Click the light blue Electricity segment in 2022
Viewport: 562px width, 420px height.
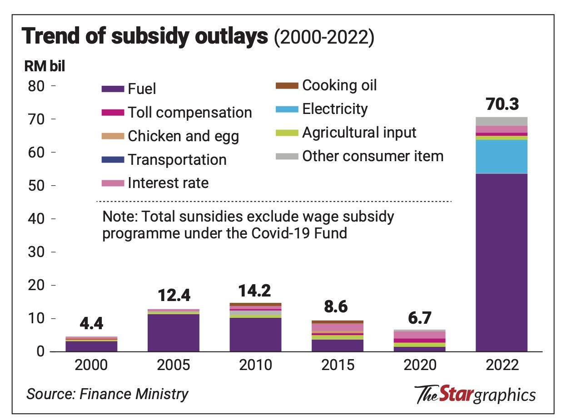[501, 156]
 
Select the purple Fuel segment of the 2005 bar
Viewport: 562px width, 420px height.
[173, 332]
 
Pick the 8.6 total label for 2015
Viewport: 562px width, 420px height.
[337, 307]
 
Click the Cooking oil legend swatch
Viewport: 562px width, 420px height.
[287, 86]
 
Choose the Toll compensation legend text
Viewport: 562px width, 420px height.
[189, 112]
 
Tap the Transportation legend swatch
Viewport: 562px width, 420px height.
[113, 159]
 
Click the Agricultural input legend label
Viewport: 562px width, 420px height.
[359, 133]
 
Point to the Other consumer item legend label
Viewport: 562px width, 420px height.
[373, 156]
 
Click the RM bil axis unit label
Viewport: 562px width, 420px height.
[45, 66]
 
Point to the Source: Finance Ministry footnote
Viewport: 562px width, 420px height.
[107, 394]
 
